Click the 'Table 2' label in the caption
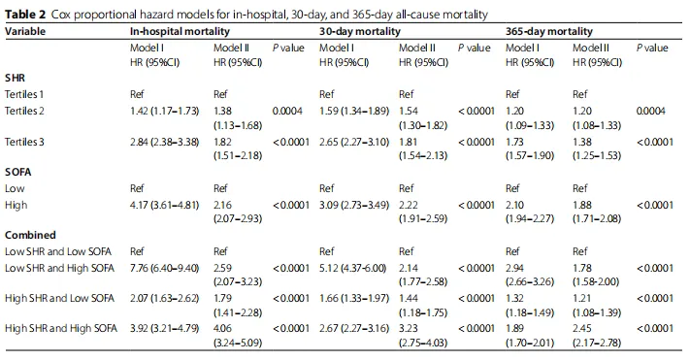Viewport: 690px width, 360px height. (x=25, y=15)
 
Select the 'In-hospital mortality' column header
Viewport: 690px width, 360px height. (x=180, y=31)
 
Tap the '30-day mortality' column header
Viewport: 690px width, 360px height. (x=360, y=31)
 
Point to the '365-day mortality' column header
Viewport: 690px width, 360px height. (x=549, y=31)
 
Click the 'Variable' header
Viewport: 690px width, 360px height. (x=25, y=31)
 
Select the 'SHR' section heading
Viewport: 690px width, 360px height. (x=15, y=78)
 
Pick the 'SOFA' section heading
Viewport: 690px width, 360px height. (x=18, y=172)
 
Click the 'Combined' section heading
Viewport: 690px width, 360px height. (x=30, y=235)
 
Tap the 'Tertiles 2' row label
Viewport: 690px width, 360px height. (x=24, y=111)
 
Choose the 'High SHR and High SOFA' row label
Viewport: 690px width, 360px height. (x=61, y=328)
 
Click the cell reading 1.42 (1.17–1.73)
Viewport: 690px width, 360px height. (x=165, y=111)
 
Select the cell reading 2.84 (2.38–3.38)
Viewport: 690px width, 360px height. (x=165, y=142)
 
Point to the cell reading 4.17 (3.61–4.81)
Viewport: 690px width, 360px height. (x=165, y=205)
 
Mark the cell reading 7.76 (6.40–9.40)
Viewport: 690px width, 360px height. (x=165, y=268)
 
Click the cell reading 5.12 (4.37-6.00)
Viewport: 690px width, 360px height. (x=353, y=268)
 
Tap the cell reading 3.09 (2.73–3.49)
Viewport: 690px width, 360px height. (x=354, y=205)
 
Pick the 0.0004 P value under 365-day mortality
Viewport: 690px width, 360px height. (x=651, y=111)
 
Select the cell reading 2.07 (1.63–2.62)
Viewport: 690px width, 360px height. (x=165, y=298)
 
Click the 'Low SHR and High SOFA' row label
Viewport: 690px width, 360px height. (x=60, y=268)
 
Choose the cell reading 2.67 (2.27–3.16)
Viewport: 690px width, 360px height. (x=354, y=328)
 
